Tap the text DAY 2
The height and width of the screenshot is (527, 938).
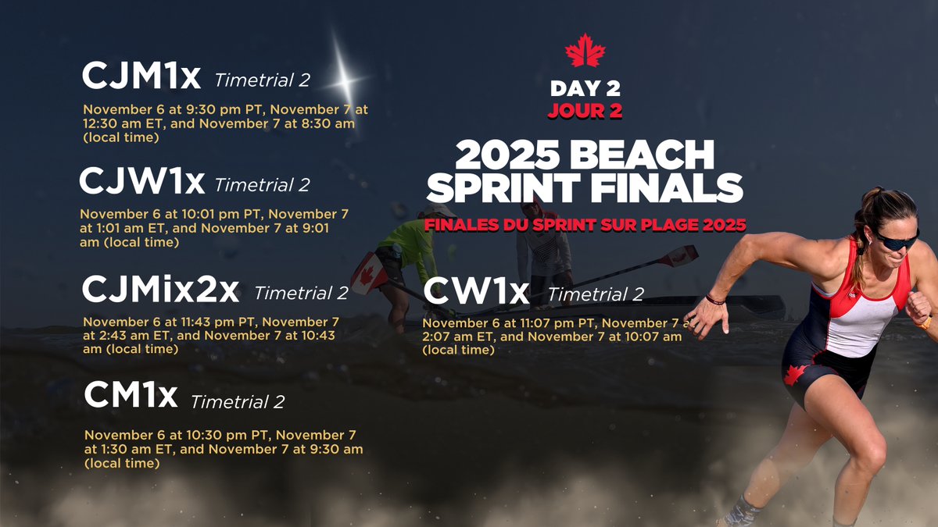pyautogui.click(x=585, y=88)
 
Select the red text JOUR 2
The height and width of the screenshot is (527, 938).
pyautogui.click(x=585, y=110)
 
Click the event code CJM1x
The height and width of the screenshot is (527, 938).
pyautogui.click(x=141, y=77)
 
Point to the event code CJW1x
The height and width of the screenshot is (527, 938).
pyautogui.click(x=141, y=182)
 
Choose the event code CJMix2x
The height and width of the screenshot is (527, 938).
pyautogui.click(x=160, y=290)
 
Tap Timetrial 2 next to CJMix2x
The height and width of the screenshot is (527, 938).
pyautogui.click(x=301, y=294)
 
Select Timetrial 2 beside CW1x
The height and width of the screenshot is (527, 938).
pyautogui.click(x=596, y=294)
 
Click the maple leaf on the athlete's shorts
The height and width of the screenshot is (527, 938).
pyautogui.click(x=795, y=374)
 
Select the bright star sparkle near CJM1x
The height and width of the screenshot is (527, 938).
pyautogui.click(x=342, y=77)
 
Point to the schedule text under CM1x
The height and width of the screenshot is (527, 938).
pyautogui.click(x=223, y=449)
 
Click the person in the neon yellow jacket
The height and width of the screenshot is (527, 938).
pyautogui.click(x=407, y=250)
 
